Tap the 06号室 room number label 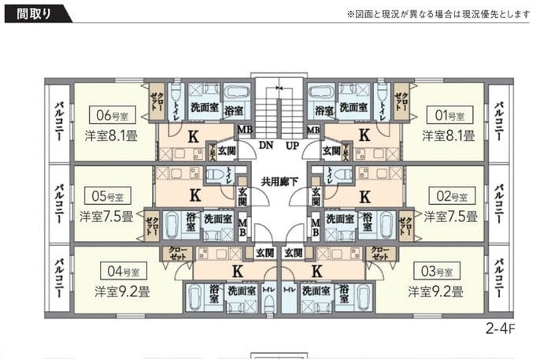[112, 113]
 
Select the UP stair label [291, 146]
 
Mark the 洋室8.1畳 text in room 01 [448, 135]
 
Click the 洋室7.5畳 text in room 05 [107, 214]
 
